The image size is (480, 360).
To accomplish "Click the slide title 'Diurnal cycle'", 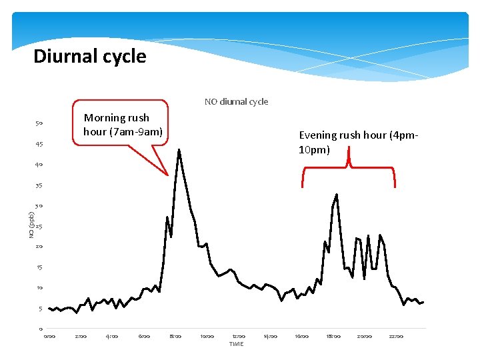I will (x=89, y=56).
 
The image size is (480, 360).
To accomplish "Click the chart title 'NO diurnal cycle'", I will (x=236, y=102).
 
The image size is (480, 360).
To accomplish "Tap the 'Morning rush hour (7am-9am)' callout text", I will (x=123, y=125).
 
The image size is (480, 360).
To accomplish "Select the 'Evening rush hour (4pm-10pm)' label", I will (x=359, y=142).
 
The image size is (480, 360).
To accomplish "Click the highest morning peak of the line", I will (x=179, y=150).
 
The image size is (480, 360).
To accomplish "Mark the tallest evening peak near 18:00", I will (x=337, y=195).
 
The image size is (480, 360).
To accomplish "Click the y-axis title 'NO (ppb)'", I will (x=31, y=225).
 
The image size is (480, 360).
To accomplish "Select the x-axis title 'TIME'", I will (x=236, y=344).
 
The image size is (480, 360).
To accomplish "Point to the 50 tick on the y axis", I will (x=39, y=123).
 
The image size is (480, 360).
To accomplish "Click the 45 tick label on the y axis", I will (x=39, y=144).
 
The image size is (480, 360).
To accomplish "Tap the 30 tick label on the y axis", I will (x=39, y=206).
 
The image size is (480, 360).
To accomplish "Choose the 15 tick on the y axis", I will (x=39, y=267).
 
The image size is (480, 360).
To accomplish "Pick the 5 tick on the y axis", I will (x=40, y=309).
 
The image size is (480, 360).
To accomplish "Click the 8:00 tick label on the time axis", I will (x=175, y=336).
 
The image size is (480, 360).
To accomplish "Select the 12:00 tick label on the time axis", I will (x=239, y=336).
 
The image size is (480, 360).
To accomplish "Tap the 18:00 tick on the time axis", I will (x=333, y=336).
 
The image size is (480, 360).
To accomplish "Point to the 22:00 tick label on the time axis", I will (x=396, y=336).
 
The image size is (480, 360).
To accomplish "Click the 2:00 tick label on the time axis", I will (x=81, y=336).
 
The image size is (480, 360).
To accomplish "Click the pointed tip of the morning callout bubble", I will (x=168, y=175).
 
